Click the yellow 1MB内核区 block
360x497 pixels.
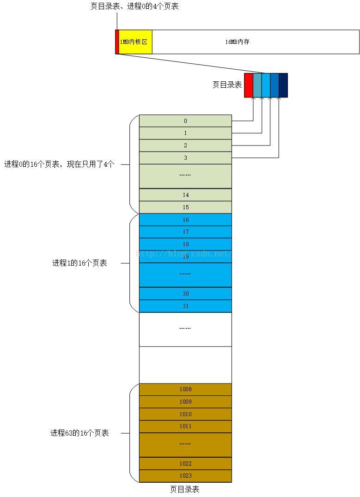[x=135, y=42]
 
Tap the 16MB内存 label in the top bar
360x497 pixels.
[x=237, y=42]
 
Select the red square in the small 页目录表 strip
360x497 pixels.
[x=249, y=85]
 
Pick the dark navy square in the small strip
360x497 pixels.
[x=283, y=85]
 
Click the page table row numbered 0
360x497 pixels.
[x=185, y=121]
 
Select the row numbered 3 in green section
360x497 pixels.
[x=185, y=158]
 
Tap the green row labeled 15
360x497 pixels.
[x=185, y=207]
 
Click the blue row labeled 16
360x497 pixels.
[x=185, y=220]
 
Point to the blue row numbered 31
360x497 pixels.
[x=185, y=306]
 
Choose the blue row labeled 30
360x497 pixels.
[x=185, y=294]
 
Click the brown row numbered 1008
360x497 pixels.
[x=185, y=389]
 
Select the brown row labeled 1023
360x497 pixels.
[x=185, y=476]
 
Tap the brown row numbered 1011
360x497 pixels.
[x=185, y=426]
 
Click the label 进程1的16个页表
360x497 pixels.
[x=79, y=263]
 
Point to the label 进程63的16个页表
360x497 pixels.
[x=79, y=433]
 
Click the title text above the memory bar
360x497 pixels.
[x=134, y=6]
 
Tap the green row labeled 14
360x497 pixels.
[x=185, y=195]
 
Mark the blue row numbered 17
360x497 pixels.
[x=185, y=232]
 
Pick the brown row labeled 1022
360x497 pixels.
[x=185, y=463]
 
